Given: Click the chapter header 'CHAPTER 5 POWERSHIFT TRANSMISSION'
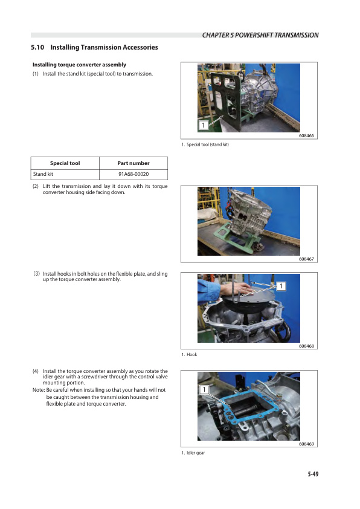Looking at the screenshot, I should (x=260, y=35).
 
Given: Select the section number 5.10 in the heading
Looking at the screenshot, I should (x=37, y=47).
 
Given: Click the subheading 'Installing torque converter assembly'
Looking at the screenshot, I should (x=79, y=65).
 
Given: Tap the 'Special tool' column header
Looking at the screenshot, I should (x=65, y=163).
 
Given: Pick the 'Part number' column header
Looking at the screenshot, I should (x=133, y=163).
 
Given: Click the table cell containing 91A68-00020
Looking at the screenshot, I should (x=133, y=174).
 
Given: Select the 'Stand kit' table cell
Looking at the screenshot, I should (x=43, y=174).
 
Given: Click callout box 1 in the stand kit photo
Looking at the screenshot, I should (x=204, y=125).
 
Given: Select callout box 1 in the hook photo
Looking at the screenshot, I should (x=281, y=285).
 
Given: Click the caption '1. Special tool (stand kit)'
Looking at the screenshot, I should (x=205, y=144).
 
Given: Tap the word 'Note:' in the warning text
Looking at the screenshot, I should (x=38, y=391).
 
